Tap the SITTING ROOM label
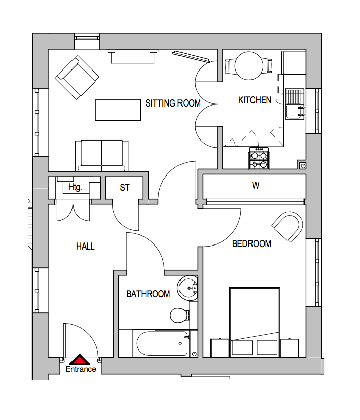[173, 103]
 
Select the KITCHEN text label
[255, 100]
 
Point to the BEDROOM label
[251, 244]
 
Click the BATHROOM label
[148, 294]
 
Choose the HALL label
[85, 247]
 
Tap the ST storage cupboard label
[125, 188]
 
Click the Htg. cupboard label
[75, 188]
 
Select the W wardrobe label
[256, 186]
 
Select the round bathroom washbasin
[189, 288]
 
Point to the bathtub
[161, 344]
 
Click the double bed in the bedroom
[255, 320]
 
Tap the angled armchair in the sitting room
[78, 78]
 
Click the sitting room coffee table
[118, 110]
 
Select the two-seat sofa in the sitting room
[102, 155]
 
